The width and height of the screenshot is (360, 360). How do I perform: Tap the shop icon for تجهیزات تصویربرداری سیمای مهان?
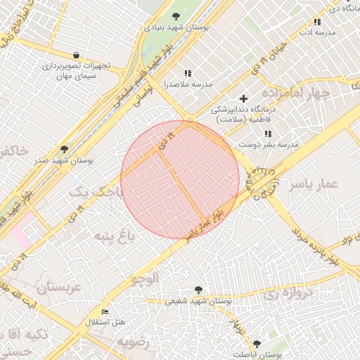click(x=76, y=55)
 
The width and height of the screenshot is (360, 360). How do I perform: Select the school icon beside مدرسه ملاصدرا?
click(x=188, y=73)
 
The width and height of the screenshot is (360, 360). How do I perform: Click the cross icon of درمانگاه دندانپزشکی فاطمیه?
click(x=244, y=98)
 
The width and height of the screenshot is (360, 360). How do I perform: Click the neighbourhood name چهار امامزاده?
click(x=297, y=93)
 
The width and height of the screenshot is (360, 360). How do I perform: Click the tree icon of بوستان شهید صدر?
click(x=65, y=149)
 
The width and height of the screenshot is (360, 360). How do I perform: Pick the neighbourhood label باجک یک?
click(x=98, y=191)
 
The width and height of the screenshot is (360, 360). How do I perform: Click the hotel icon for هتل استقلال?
click(x=105, y=311)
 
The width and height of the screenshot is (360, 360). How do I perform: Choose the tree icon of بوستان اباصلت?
click(x=256, y=344)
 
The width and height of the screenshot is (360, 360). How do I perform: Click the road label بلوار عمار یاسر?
click(x=205, y=224)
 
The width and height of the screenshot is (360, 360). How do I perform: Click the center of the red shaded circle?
click(x=180, y=179)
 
